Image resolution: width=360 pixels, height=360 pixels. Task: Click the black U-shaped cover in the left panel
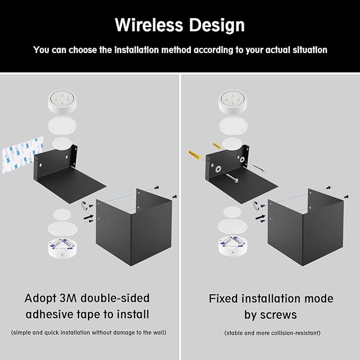(x=133, y=229)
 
